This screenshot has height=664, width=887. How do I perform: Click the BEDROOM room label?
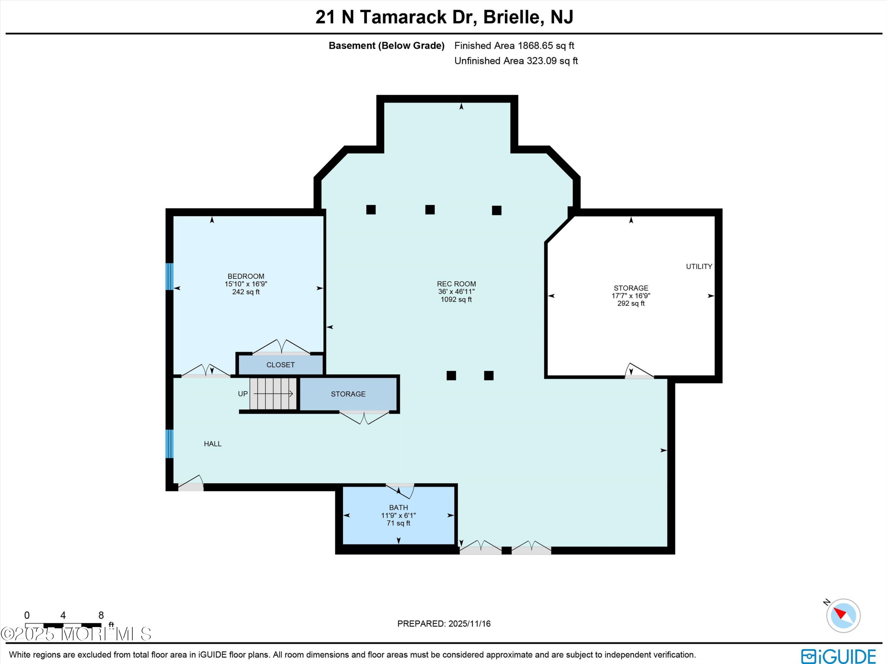tap(246, 276)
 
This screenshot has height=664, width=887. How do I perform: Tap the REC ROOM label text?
tap(456, 284)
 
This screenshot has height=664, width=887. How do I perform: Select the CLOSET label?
tap(281, 365)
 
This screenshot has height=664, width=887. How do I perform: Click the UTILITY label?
tap(699, 266)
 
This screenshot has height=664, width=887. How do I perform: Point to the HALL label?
tap(213, 444)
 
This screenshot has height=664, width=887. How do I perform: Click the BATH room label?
tap(399, 508)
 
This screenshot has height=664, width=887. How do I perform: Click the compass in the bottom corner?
tap(843, 616)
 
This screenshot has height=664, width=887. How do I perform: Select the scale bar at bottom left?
tap(63, 625)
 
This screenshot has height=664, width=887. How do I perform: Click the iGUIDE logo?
tap(838, 656)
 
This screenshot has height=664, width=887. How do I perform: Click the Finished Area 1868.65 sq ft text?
tap(514, 46)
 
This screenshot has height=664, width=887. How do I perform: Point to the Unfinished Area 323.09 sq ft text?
tap(516, 61)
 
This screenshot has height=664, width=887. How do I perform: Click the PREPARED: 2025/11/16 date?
tap(444, 623)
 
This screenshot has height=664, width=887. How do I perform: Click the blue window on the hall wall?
tap(170, 443)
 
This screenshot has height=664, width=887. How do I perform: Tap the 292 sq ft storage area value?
tap(631, 304)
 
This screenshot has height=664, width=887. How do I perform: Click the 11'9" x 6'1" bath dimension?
tap(399, 516)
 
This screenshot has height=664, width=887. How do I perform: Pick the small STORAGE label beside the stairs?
tap(348, 394)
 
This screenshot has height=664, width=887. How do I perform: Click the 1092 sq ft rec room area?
tap(456, 299)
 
